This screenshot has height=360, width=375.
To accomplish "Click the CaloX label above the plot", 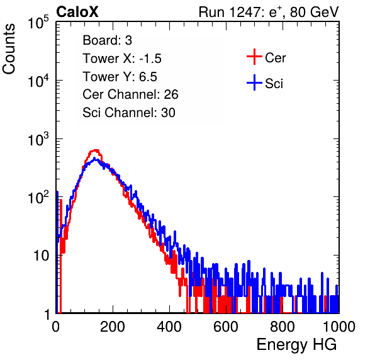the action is [77, 12].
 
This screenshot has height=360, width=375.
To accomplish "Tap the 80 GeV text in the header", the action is [314, 12].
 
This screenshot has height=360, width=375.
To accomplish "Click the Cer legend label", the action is [275, 58].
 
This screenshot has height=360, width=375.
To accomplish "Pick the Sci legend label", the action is [274, 84].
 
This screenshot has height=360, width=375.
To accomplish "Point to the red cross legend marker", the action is [254, 57].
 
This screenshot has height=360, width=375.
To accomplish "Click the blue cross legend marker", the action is [254, 82].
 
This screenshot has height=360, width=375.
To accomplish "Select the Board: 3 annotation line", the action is [107, 40].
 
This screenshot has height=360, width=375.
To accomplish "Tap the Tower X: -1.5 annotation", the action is [122, 59].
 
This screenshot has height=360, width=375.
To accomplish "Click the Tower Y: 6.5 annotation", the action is [120, 77].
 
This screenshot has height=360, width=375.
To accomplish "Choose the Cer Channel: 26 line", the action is [130, 94].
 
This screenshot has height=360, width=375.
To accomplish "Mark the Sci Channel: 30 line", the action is [129, 113].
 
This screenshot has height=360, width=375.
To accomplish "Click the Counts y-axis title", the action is [9, 49].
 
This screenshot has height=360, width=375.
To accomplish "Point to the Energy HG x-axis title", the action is [296, 344].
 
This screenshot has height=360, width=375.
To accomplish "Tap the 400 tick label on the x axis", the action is [169, 327].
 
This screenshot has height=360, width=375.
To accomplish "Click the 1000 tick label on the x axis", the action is [339, 327].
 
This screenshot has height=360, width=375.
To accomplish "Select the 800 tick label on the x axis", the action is [283, 327].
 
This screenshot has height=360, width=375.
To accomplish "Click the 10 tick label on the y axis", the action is [41, 256].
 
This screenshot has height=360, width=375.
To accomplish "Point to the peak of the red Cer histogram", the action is [96, 150].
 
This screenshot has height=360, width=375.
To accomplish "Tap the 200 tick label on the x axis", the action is [113, 327].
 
